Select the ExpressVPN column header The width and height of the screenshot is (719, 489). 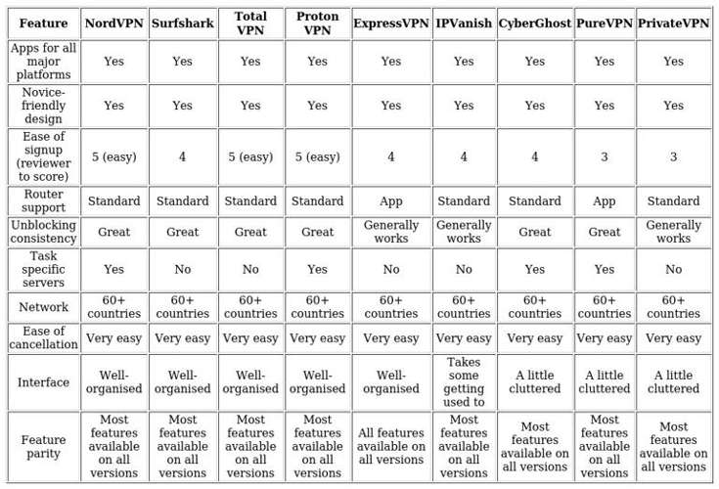390,23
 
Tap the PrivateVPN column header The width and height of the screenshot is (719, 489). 673,23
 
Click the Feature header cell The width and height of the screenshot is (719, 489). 43,23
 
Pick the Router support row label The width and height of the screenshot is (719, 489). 43,201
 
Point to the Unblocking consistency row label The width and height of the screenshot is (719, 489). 43,232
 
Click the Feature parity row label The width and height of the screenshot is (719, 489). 43,447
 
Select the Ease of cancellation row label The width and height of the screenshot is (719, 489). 43,338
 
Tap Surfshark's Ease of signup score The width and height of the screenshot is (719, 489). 182,156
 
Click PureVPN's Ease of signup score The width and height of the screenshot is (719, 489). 604,156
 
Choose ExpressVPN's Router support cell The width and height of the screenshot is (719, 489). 390,201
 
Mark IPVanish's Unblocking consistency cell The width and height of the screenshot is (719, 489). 464,232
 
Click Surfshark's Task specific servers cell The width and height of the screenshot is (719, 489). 182,269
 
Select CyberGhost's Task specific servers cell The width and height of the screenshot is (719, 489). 534,269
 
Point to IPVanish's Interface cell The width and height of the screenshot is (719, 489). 464,381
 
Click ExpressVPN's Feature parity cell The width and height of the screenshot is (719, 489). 390,447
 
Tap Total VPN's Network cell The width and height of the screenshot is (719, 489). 250,307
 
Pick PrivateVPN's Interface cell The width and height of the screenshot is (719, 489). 673,381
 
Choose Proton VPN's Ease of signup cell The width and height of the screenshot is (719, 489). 317,156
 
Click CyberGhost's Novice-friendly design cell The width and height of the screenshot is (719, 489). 534,106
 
